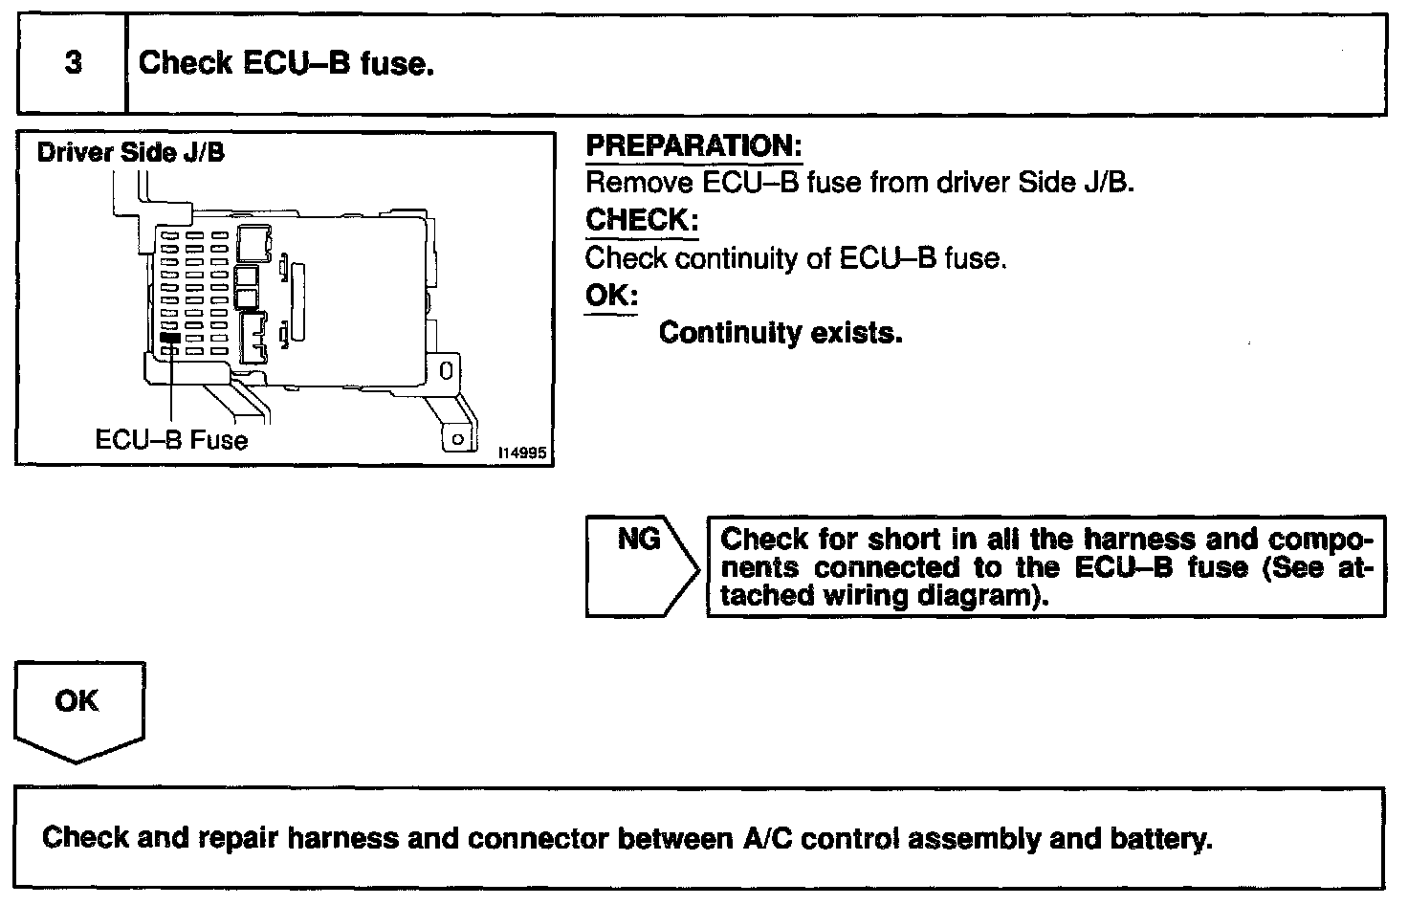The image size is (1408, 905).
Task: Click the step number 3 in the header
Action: pyautogui.click(x=73, y=64)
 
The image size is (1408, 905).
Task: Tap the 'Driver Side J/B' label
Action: pyautogui.click(x=130, y=152)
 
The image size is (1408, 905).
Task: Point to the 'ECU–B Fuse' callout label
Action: pyautogui.click(x=171, y=440)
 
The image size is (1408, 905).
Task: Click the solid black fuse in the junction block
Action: pyautogui.click(x=170, y=338)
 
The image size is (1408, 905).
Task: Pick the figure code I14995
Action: pyautogui.click(x=522, y=452)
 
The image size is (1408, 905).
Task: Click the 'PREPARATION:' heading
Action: pyautogui.click(x=693, y=146)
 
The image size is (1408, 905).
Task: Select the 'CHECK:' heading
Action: pyautogui.click(x=641, y=220)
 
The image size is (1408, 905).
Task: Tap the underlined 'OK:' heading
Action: pyautogui.click(x=611, y=296)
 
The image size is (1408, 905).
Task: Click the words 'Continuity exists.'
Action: pyautogui.click(x=781, y=333)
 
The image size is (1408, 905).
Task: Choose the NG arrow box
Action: pyautogui.click(x=641, y=566)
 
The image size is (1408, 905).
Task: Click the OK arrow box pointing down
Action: pyautogui.click(x=78, y=710)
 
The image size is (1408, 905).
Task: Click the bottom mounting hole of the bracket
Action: pyautogui.click(x=457, y=438)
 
